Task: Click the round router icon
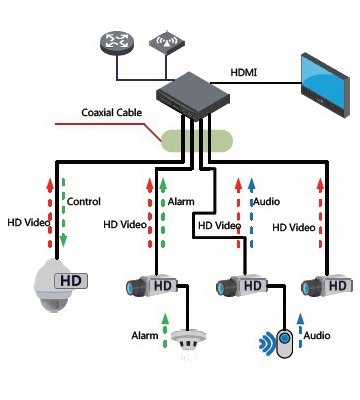click(x=113, y=42)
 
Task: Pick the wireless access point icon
click(x=162, y=42)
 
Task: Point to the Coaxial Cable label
click(x=113, y=113)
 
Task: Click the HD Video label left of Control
click(x=27, y=223)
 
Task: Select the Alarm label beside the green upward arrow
click(x=180, y=201)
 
